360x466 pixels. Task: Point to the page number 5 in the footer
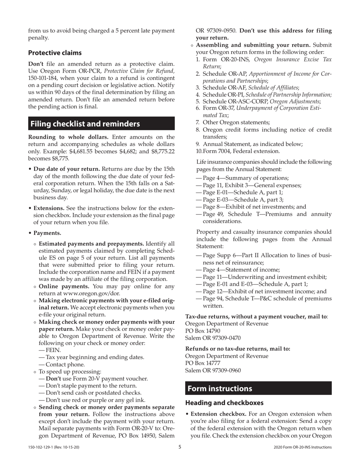[x=180, y=447]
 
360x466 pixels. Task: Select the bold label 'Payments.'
[x=47, y=233]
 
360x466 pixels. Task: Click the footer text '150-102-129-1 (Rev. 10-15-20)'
[x=53, y=447]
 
